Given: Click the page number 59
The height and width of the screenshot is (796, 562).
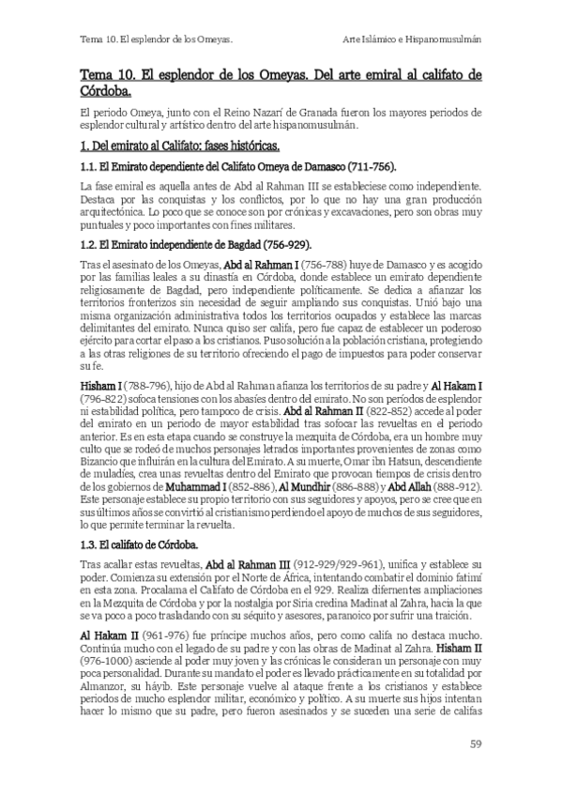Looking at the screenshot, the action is click(x=475, y=744).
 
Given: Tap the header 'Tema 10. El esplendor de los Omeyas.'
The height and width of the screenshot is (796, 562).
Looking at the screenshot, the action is click(x=156, y=39).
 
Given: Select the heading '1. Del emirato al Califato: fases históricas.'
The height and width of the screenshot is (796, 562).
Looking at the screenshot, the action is click(x=180, y=147).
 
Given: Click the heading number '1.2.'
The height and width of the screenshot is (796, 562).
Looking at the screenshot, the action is click(x=90, y=243).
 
